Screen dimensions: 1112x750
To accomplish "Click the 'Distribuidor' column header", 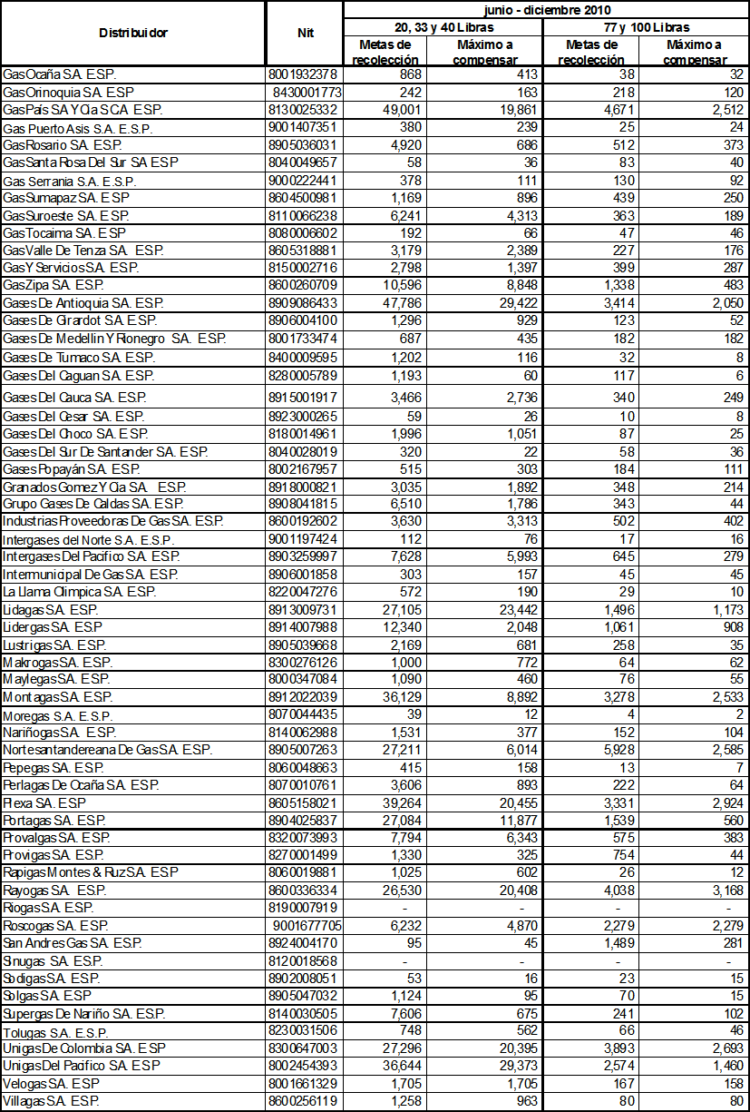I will tap(133, 33).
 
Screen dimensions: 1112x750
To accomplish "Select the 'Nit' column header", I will tap(305, 33).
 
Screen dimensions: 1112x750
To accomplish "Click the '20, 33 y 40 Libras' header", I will tap(443, 27).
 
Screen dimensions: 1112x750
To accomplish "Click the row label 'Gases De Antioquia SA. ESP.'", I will tap(83, 303).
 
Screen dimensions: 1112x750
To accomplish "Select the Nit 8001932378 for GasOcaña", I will tap(303, 74).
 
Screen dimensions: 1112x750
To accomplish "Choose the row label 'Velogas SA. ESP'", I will tap(51, 1083).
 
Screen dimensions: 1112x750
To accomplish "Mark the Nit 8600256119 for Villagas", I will tap(303, 1100).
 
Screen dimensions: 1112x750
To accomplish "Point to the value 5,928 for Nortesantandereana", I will tap(610, 750).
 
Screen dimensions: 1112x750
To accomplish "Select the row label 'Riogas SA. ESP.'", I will tap(49, 908).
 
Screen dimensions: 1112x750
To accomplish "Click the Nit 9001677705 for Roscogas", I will tap(307, 925).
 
